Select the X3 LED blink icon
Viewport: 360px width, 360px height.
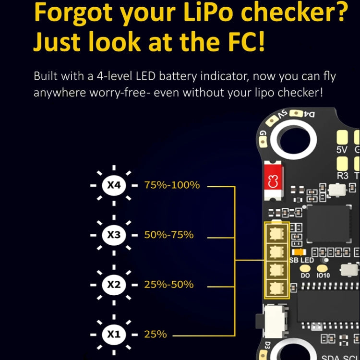114,235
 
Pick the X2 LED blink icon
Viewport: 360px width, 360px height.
114,284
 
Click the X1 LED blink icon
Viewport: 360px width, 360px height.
114,334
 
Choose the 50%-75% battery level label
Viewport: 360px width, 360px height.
169,235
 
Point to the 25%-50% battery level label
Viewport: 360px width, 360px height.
169,284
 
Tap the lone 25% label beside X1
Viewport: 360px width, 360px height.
156,334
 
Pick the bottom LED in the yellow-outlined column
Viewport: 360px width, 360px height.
276,288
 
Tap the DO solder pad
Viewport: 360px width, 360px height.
305,268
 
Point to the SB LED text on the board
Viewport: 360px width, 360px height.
301,260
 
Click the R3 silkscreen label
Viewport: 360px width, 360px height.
342,176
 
